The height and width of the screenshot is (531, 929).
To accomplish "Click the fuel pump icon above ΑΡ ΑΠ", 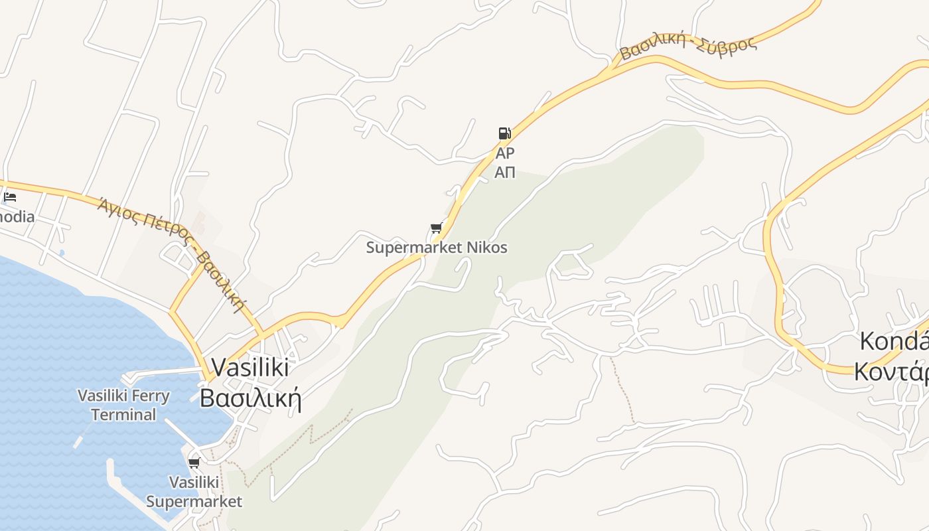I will pyautogui.click(x=504, y=133).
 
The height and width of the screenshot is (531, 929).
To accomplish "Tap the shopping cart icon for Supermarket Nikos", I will pyautogui.click(x=436, y=228).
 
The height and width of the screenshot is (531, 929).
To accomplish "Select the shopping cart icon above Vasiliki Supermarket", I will pyautogui.click(x=194, y=463).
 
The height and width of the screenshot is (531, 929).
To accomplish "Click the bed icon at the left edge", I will pyautogui.click(x=9, y=197).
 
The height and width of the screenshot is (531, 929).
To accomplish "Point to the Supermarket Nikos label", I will pyautogui.click(x=437, y=248).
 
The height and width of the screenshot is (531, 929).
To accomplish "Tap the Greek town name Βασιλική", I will pyautogui.click(x=250, y=398).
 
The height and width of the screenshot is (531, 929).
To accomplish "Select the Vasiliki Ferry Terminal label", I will pyautogui.click(x=123, y=405).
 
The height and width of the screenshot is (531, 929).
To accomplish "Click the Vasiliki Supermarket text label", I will pyautogui.click(x=194, y=492).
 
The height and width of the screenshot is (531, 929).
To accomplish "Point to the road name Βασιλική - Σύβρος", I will pyautogui.click(x=688, y=47).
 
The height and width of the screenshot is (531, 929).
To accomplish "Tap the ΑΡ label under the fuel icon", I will pyautogui.click(x=505, y=153).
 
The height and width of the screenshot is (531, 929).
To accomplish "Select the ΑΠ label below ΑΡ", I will pyautogui.click(x=505, y=173).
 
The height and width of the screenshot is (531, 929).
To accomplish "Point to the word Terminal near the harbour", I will pyautogui.click(x=123, y=415).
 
